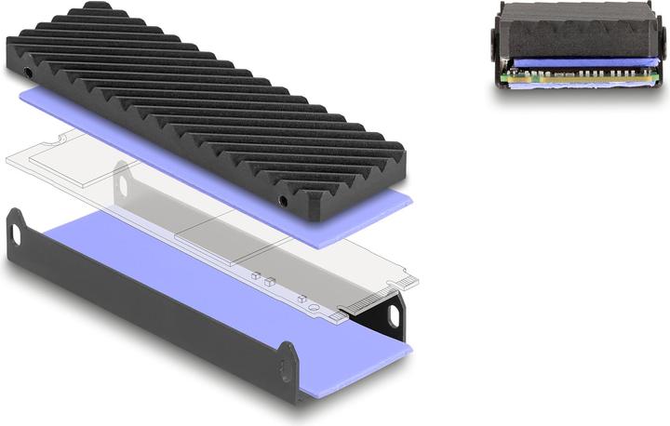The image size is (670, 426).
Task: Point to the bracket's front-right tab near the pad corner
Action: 289,359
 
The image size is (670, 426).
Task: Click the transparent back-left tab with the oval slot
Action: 120,182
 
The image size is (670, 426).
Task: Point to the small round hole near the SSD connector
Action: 320,301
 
